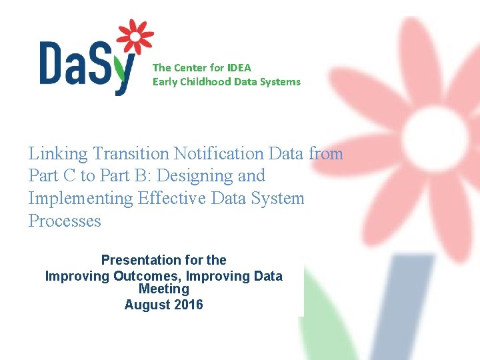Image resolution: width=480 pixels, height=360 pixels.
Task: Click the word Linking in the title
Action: click(58, 154)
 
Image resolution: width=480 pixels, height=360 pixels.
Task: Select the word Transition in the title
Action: click(131, 154)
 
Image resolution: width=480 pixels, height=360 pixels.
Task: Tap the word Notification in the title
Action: click(219, 154)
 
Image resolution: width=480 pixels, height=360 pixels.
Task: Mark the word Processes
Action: click(65, 221)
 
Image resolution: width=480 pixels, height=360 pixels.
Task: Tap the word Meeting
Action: click(164, 289)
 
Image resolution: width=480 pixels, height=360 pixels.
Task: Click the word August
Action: click(146, 305)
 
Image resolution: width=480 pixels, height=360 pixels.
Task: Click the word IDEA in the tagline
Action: click(239, 67)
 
